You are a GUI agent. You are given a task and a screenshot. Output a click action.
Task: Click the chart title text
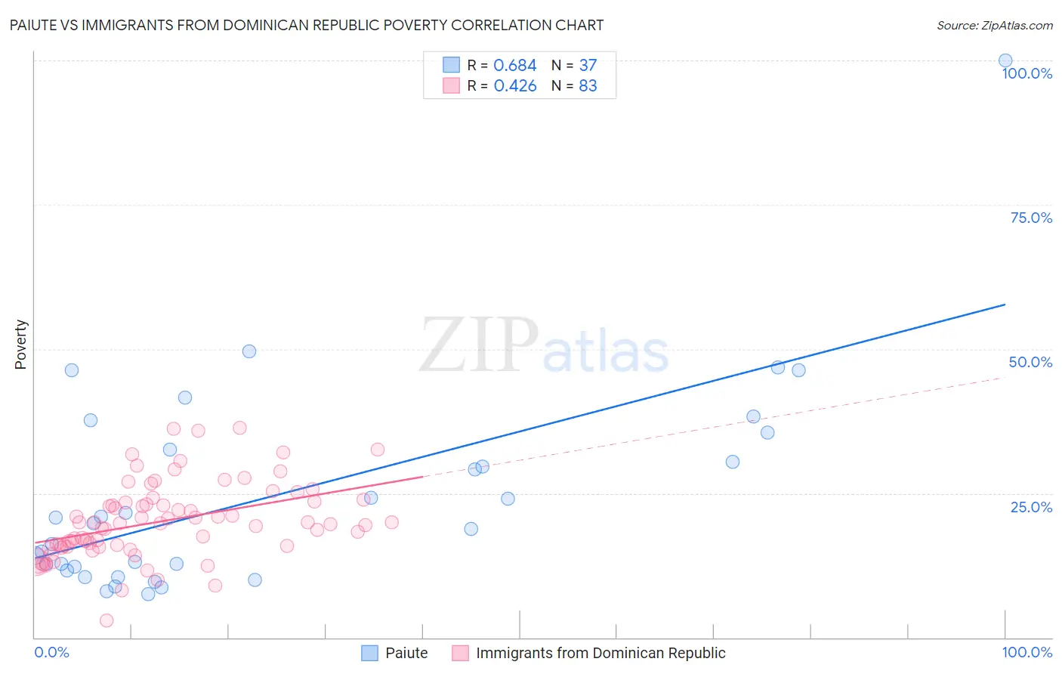click(x=307, y=25)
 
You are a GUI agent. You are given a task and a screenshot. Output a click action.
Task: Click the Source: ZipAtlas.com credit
click(x=994, y=25)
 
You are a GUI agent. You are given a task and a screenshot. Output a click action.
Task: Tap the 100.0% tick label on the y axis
click(x=1026, y=73)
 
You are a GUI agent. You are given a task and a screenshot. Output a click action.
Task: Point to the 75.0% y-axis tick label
click(x=1031, y=218)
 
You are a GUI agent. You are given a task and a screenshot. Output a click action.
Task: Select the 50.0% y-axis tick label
click(x=1030, y=362)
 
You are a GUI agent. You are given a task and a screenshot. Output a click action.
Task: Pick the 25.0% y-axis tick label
click(x=1031, y=506)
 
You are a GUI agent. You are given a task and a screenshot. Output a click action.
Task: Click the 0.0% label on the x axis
click(x=52, y=652)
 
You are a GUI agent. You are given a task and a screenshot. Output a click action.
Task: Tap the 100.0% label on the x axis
click(x=1026, y=652)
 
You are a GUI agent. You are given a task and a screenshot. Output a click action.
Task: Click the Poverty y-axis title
click(x=20, y=345)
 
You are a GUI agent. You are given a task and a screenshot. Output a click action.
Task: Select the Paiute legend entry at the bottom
click(x=406, y=653)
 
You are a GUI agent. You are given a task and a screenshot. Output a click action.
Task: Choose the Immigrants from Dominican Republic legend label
click(x=600, y=653)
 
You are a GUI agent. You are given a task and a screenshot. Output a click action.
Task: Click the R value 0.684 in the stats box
click(x=515, y=66)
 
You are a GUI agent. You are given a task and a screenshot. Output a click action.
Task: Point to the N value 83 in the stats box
click(x=588, y=86)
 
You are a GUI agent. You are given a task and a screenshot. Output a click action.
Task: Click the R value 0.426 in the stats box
click(x=515, y=86)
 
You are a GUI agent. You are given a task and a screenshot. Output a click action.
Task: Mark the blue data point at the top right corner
click(x=1005, y=60)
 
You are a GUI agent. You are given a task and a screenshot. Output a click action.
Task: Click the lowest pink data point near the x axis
click(x=107, y=620)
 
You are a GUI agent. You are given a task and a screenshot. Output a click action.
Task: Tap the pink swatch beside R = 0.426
click(x=451, y=85)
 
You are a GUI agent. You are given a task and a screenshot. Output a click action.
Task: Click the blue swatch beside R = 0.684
click(x=451, y=65)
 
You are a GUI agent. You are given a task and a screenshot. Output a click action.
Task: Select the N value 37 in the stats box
click(x=588, y=66)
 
